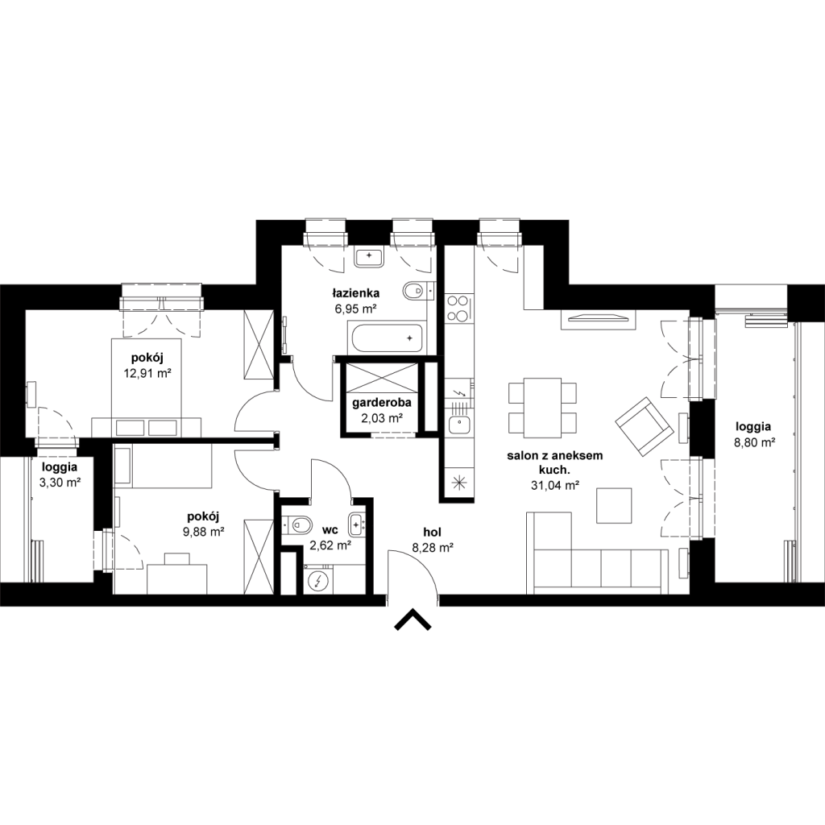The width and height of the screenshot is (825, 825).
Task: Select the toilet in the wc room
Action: point(296,524)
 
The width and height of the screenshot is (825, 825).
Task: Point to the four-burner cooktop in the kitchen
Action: point(457,308)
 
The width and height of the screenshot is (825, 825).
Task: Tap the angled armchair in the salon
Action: point(645,427)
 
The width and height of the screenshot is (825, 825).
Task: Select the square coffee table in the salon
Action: point(613,506)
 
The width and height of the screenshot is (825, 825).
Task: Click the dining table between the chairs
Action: point(542,407)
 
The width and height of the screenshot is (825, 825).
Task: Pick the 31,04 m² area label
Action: point(555,486)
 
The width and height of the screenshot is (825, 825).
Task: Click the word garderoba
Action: point(381,404)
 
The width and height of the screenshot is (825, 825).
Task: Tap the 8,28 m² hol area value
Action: point(433,548)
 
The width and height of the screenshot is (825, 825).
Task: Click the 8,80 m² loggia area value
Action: point(754,442)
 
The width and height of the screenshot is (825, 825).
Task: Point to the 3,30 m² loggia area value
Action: point(59,482)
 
